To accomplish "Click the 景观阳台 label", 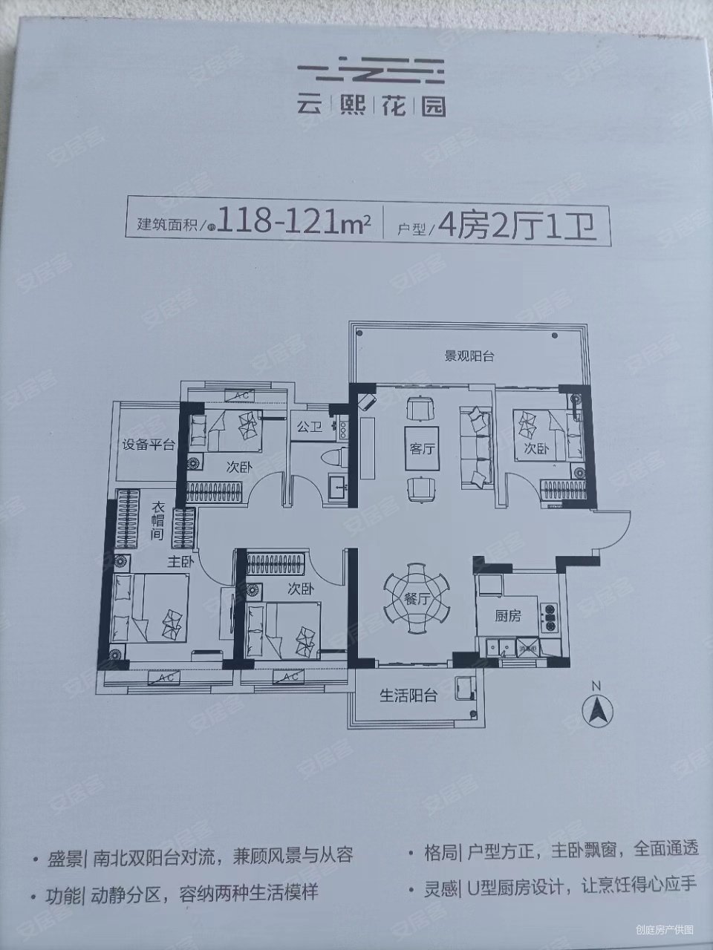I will click(469, 356).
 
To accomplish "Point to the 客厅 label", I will click(420, 449).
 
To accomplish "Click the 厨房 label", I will click(508, 615).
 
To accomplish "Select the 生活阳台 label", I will click(408, 695).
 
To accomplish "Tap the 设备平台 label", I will click(149, 445).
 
